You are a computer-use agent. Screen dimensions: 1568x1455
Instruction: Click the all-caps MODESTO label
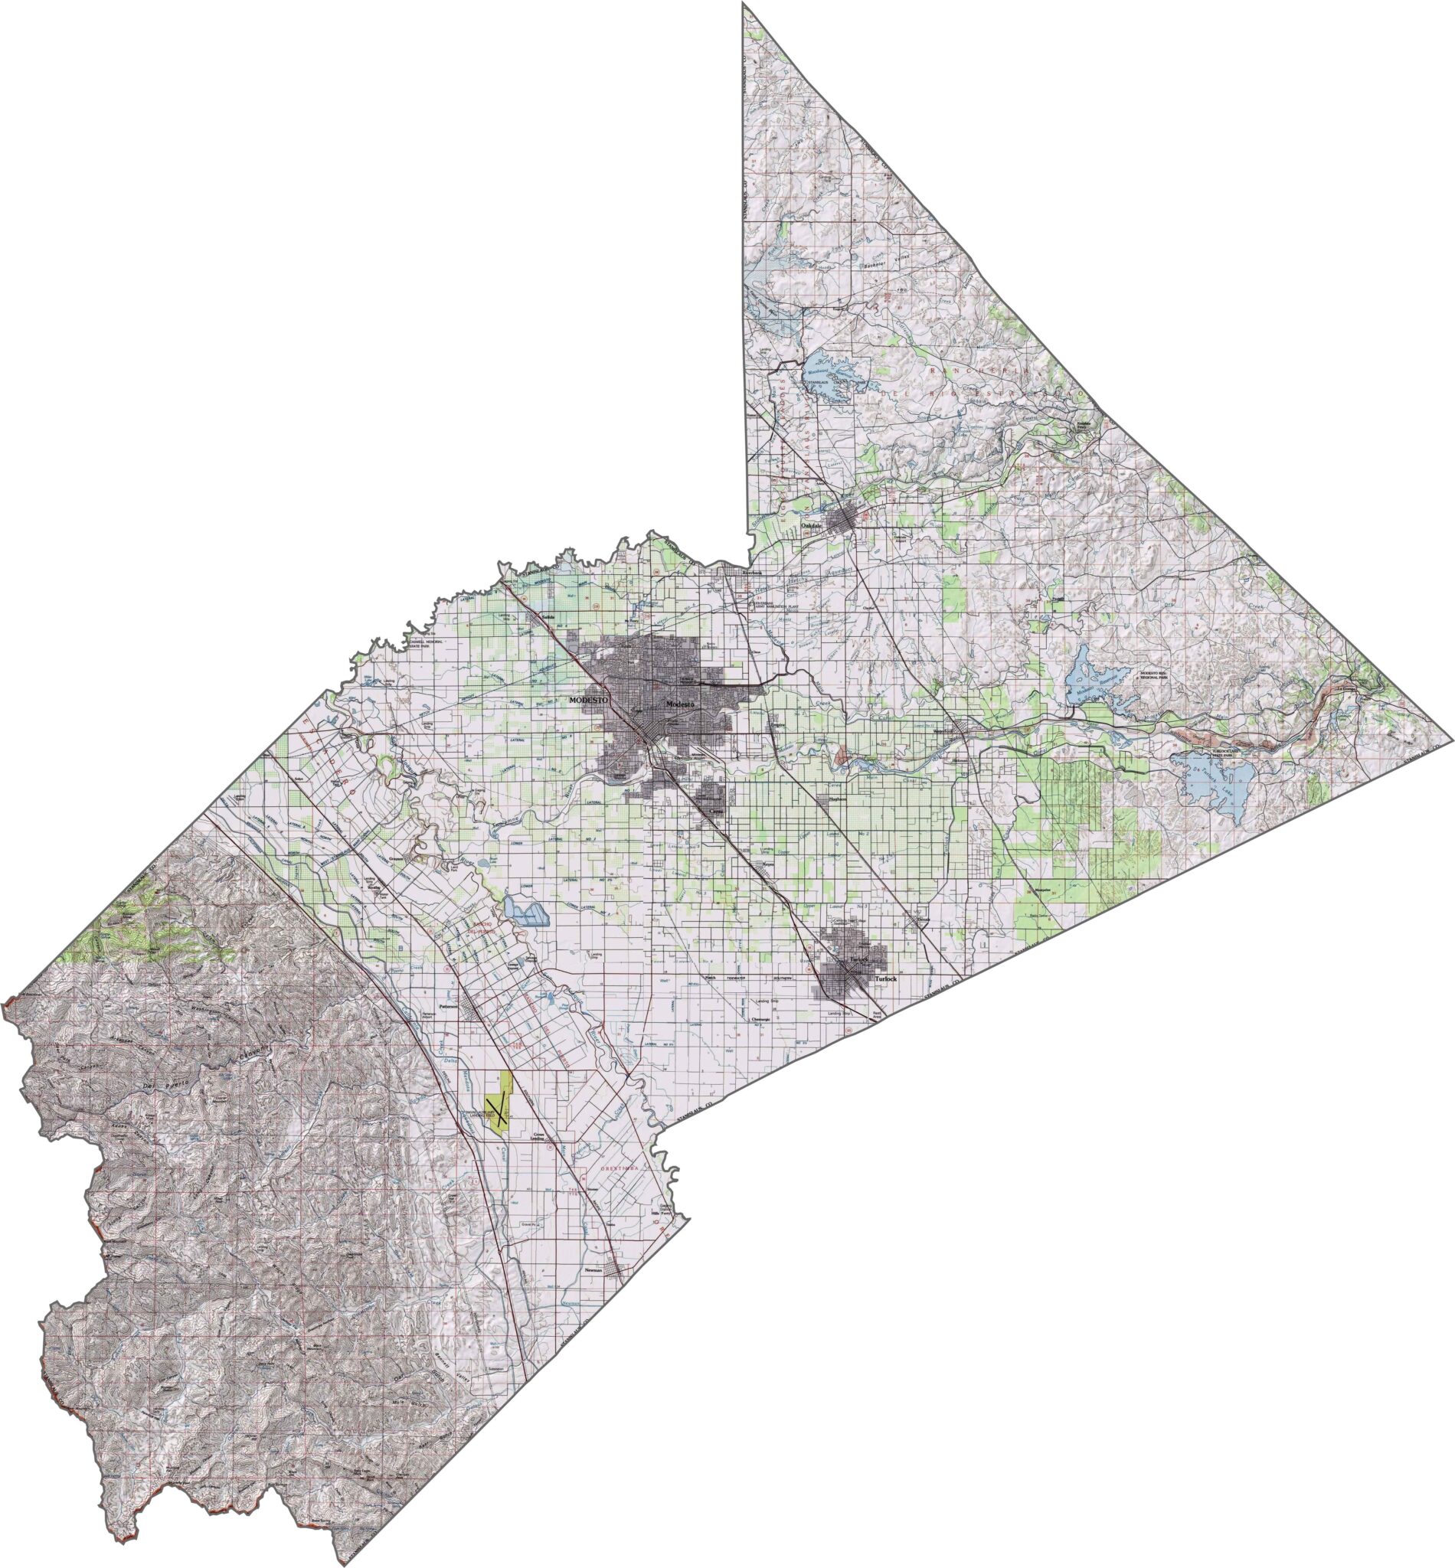pyautogui.click(x=584, y=700)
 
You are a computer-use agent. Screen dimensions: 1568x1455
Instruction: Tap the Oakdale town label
pyautogui.click(x=811, y=525)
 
